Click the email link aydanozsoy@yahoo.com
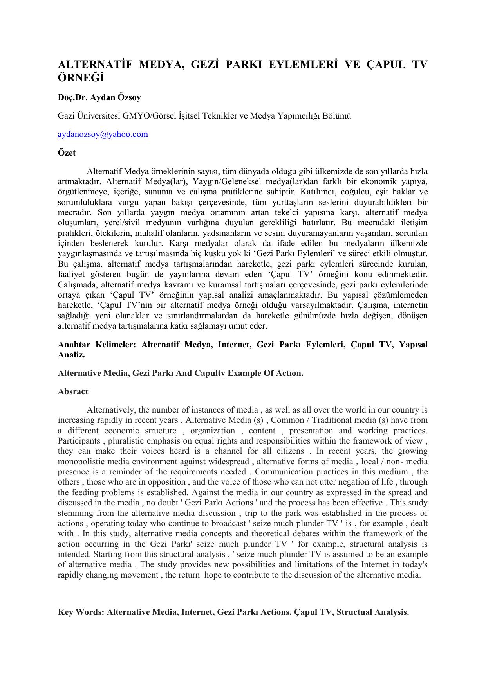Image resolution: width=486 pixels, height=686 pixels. coord(103,135)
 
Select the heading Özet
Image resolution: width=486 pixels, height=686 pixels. coord(67,153)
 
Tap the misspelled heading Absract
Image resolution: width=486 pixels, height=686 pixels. coord(73,391)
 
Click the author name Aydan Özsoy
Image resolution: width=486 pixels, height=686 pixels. coord(116,97)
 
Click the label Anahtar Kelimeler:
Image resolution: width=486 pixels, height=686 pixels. coord(98,345)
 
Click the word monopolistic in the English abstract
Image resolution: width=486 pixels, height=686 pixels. coord(82,462)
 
